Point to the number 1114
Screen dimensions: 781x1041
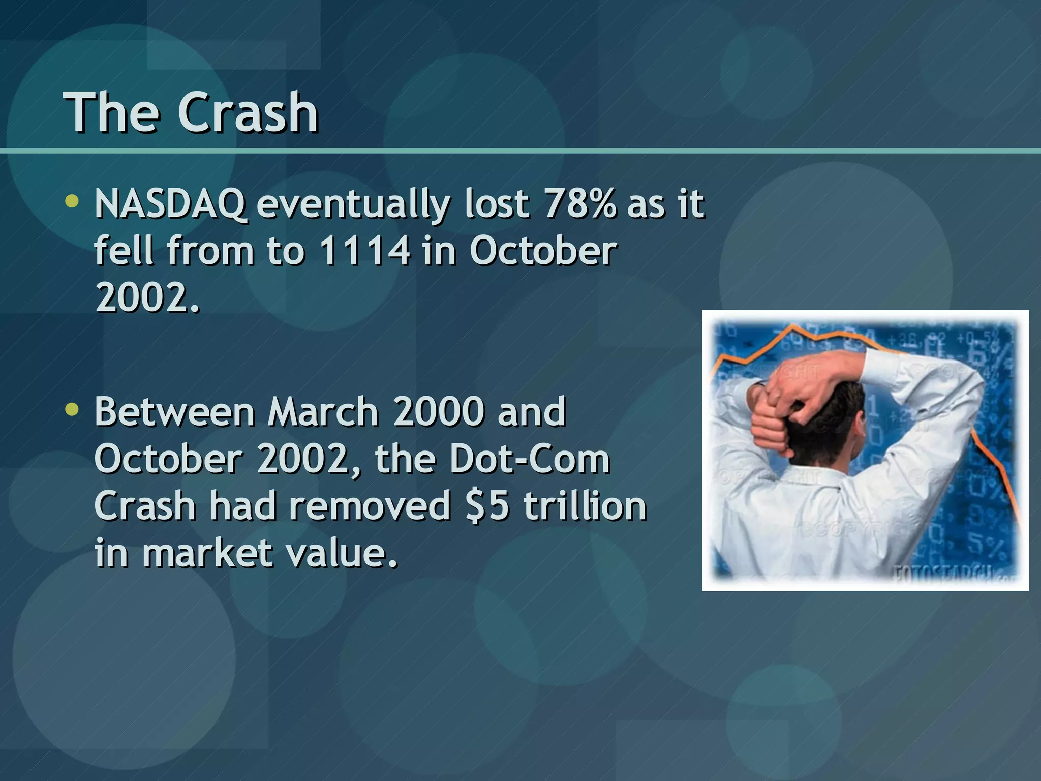pyautogui.click(x=364, y=251)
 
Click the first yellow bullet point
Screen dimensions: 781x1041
pyautogui.click(x=72, y=201)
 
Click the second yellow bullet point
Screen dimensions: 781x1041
pyautogui.click(x=72, y=409)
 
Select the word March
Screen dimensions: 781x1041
pyautogui.click(x=323, y=412)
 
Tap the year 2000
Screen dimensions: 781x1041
pyautogui.click(x=438, y=412)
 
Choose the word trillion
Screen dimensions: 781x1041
pyautogui.click(x=585, y=506)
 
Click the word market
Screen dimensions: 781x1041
pyautogui.click(x=207, y=553)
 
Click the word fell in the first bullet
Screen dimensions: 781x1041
pyautogui.click(x=124, y=251)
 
